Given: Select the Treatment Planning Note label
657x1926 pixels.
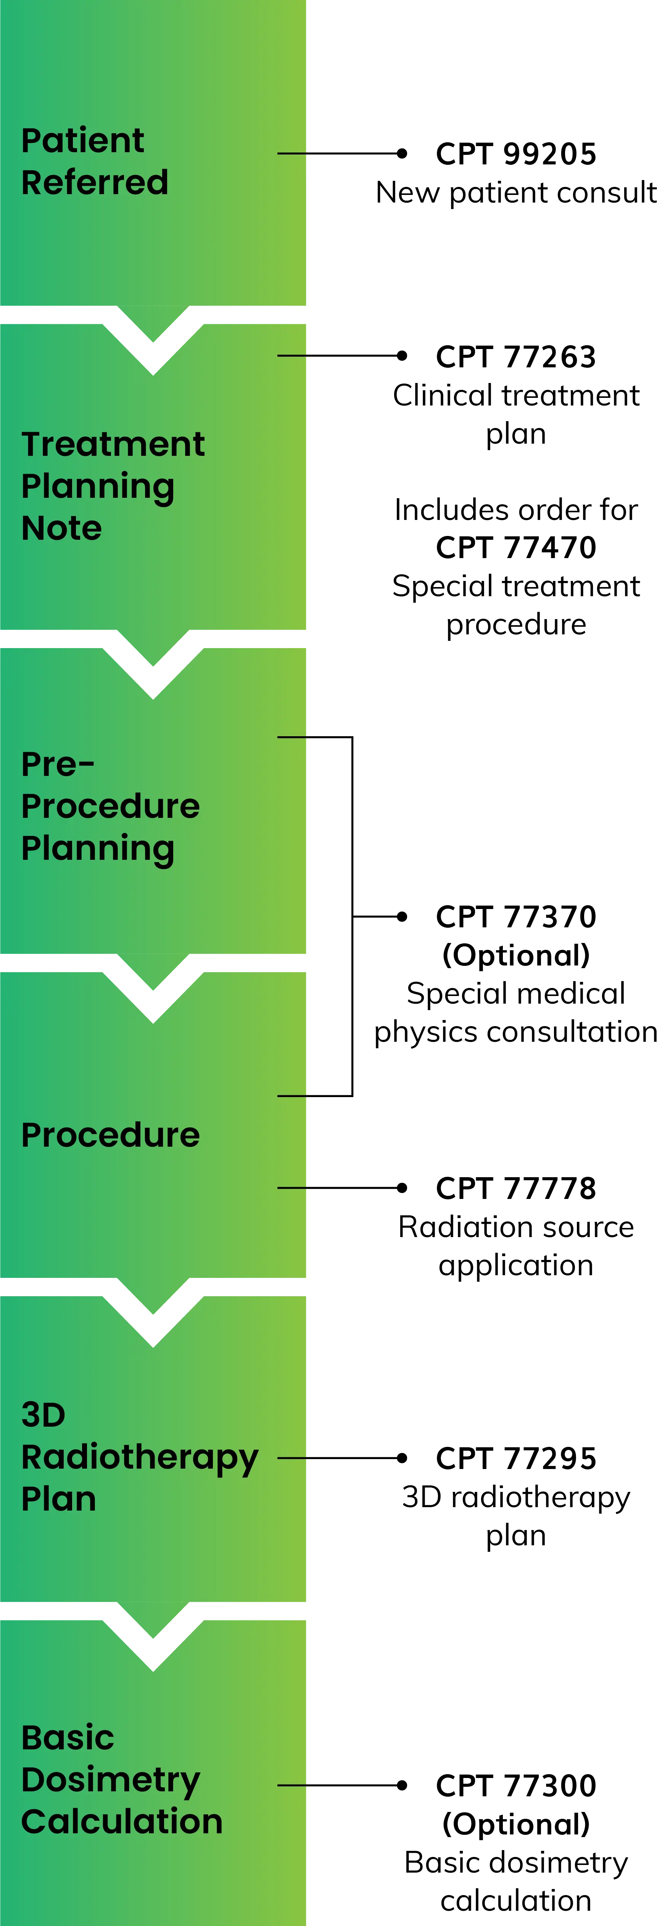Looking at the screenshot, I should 112,486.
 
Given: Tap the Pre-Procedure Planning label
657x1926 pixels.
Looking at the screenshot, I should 110,806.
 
